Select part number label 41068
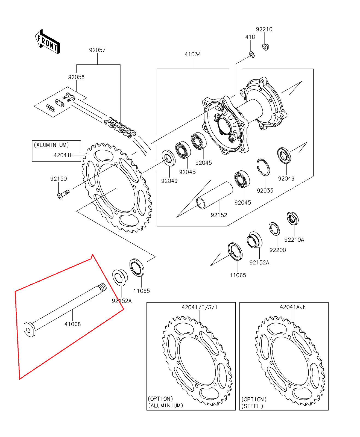[x=72, y=324]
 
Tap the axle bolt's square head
[x=30, y=330]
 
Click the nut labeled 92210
[x=265, y=47]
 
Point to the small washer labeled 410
[x=252, y=55]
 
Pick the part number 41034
[x=193, y=54]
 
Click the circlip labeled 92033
[x=264, y=167]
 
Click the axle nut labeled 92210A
[x=292, y=218]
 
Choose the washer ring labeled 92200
[x=274, y=229]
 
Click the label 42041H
[x=63, y=155]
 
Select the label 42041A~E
[x=293, y=307]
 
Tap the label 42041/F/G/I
[x=199, y=307]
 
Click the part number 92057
[x=97, y=50]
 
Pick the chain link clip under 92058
[x=51, y=108]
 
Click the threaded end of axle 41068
[x=103, y=287]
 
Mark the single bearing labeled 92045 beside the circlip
[x=242, y=179]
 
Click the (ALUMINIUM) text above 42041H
[x=51, y=145]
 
